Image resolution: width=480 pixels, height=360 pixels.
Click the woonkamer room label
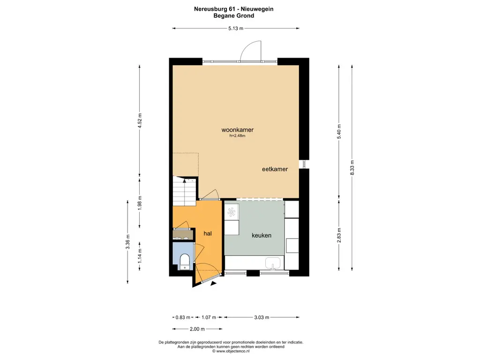click(x=238, y=130)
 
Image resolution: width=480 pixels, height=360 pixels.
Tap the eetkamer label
click(x=275, y=169)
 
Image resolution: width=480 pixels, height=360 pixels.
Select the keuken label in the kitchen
click(x=262, y=235)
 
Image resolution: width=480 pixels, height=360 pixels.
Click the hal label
click(x=208, y=233)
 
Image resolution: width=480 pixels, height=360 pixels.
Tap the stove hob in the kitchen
click(x=232, y=212)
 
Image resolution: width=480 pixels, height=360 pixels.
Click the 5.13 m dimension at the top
click(x=236, y=29)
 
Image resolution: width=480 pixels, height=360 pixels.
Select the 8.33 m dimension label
click(x=352, y=168)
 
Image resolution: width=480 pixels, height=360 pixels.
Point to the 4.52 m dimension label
click(x=140, y=121)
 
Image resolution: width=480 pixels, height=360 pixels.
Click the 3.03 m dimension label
click(x=262, y=317)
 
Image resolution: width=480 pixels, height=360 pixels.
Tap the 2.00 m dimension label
click(x=197, y=329)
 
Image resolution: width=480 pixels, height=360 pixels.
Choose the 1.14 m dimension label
click(x=140, y=256)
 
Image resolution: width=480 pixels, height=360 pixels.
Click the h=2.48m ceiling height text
click(x=238, y=135)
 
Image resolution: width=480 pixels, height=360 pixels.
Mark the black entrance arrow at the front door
click(x=213, y=284)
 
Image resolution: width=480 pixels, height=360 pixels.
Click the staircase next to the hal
click(x=184, y=191)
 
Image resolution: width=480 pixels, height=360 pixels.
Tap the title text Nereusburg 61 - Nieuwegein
click(x=234, y=9)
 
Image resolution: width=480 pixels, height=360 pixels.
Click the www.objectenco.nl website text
click(x=233, y=352)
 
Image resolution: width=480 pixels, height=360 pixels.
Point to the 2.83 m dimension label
click(x=339, y=235)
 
